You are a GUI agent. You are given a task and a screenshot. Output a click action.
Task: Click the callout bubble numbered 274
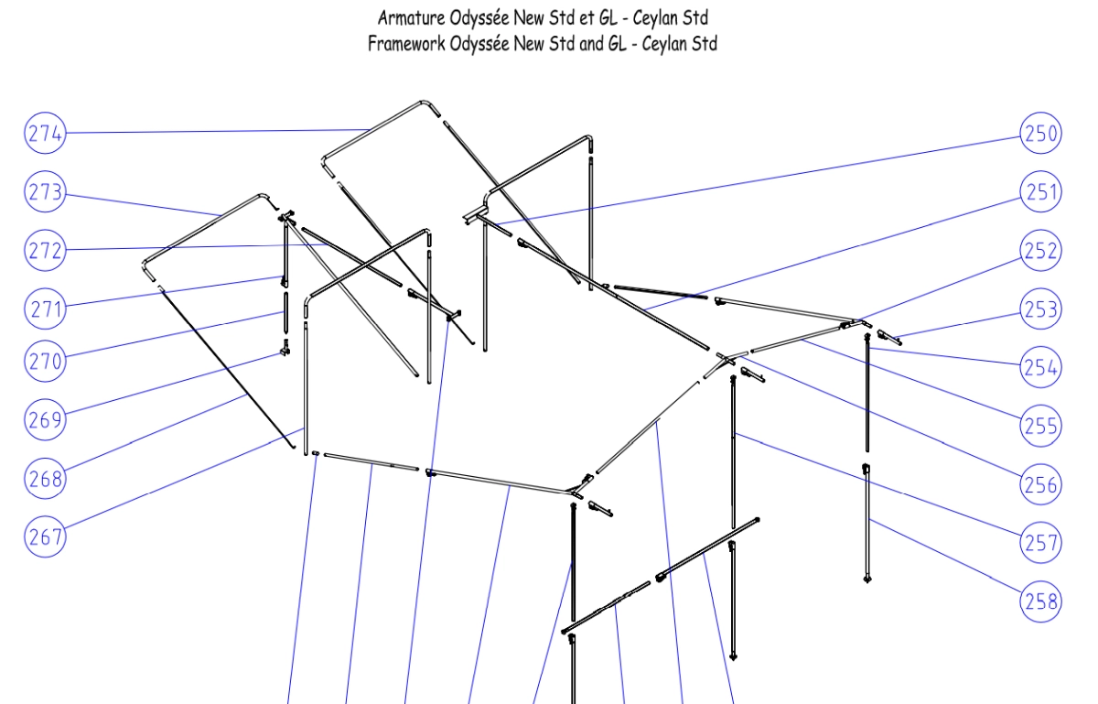(x=45, y=133)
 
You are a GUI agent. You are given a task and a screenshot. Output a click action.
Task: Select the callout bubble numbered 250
(x=1040, y=133)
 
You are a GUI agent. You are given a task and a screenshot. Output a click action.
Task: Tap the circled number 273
(x=45, y=191)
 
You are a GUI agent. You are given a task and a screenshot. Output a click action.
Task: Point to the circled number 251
(x=1040, y=191)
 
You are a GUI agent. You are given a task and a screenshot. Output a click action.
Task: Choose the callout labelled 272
(x=45, y=250)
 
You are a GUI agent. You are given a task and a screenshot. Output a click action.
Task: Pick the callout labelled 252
(x=1040, y=250)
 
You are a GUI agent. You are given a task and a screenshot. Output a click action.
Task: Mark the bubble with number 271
(x=45, y=309)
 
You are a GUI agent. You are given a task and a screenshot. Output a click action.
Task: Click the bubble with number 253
(x=1040, y=309)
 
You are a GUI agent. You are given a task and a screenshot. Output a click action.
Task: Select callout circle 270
(x=45, y=361)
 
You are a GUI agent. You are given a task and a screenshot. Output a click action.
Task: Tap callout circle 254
(x=1040, y=367)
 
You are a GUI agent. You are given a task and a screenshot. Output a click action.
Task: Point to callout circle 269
(x=45, y=419)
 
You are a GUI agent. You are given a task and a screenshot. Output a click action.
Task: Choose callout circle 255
(x=1040, y=426)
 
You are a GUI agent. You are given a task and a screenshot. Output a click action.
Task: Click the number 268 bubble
(x=45, y=478)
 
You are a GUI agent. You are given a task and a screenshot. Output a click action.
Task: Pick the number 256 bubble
(x=1040, y=484)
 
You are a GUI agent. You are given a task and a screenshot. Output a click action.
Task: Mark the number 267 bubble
(x=45, y=536)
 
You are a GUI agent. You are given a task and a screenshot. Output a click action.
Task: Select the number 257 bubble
(x=1040, y=543)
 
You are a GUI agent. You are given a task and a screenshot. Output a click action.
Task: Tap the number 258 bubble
(x=1040, y=601)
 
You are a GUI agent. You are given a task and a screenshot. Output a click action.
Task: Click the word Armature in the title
(x=411, y=18)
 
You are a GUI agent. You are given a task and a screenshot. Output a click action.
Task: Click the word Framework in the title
(x=406, y=44)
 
